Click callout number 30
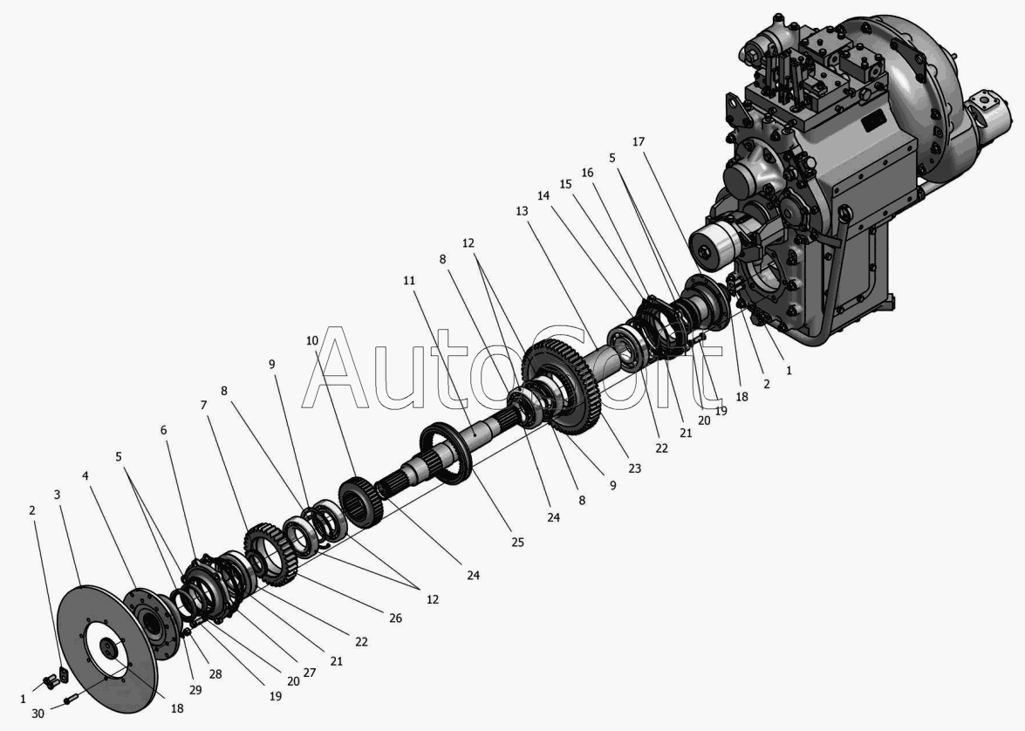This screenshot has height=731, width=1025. (38, 714)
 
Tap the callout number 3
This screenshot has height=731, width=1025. (58, 495)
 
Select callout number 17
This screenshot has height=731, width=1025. (639, 141)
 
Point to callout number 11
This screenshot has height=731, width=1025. (409, 281)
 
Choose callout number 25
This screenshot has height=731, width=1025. (517, 542)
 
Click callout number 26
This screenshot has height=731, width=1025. (395, 618)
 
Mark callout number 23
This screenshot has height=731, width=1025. (634, 468)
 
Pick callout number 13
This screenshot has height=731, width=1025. (522, 211)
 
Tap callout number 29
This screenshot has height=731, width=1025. (195, 689)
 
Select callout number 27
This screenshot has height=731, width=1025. (310, 673)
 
